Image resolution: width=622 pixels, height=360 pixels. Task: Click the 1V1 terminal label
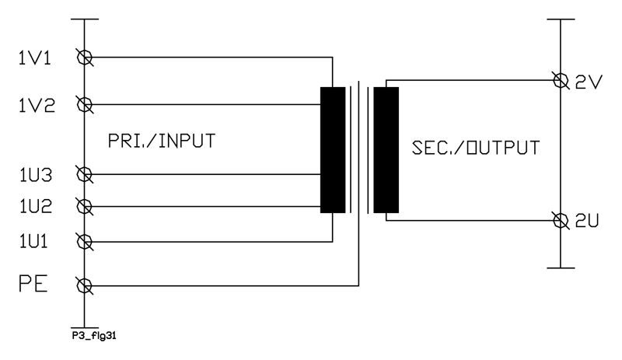(35, 58)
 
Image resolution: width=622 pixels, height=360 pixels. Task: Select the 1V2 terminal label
(37, 106)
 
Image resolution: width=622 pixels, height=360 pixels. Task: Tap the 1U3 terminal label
(36, 175)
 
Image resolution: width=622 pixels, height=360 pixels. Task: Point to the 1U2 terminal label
(36, 206)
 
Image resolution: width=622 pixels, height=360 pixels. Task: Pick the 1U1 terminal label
(33, 241)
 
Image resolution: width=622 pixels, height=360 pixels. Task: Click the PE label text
(33, 284)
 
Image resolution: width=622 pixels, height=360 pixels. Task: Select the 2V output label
(589, 82)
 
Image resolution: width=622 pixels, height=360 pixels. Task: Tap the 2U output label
(587, 221)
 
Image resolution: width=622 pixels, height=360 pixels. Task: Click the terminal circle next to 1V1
(85, 58)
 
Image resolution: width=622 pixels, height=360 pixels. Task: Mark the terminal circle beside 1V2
(85, 104)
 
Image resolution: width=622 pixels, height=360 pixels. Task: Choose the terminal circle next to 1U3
(85, 174)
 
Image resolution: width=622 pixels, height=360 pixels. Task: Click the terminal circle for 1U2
(85, 206)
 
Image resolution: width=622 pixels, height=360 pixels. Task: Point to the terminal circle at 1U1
(85, 242)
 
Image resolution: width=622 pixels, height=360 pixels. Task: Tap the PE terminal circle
(85, 286)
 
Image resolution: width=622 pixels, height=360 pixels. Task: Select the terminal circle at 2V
(561, 81)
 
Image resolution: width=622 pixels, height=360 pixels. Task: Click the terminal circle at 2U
(561, 220)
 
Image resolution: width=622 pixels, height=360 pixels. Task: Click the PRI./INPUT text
(162, 141)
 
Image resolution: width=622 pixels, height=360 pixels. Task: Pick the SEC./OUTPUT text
(476, 148)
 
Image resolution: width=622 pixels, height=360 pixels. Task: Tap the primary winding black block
(333, 150)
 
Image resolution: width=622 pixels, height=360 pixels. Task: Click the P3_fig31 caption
(94, 336)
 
